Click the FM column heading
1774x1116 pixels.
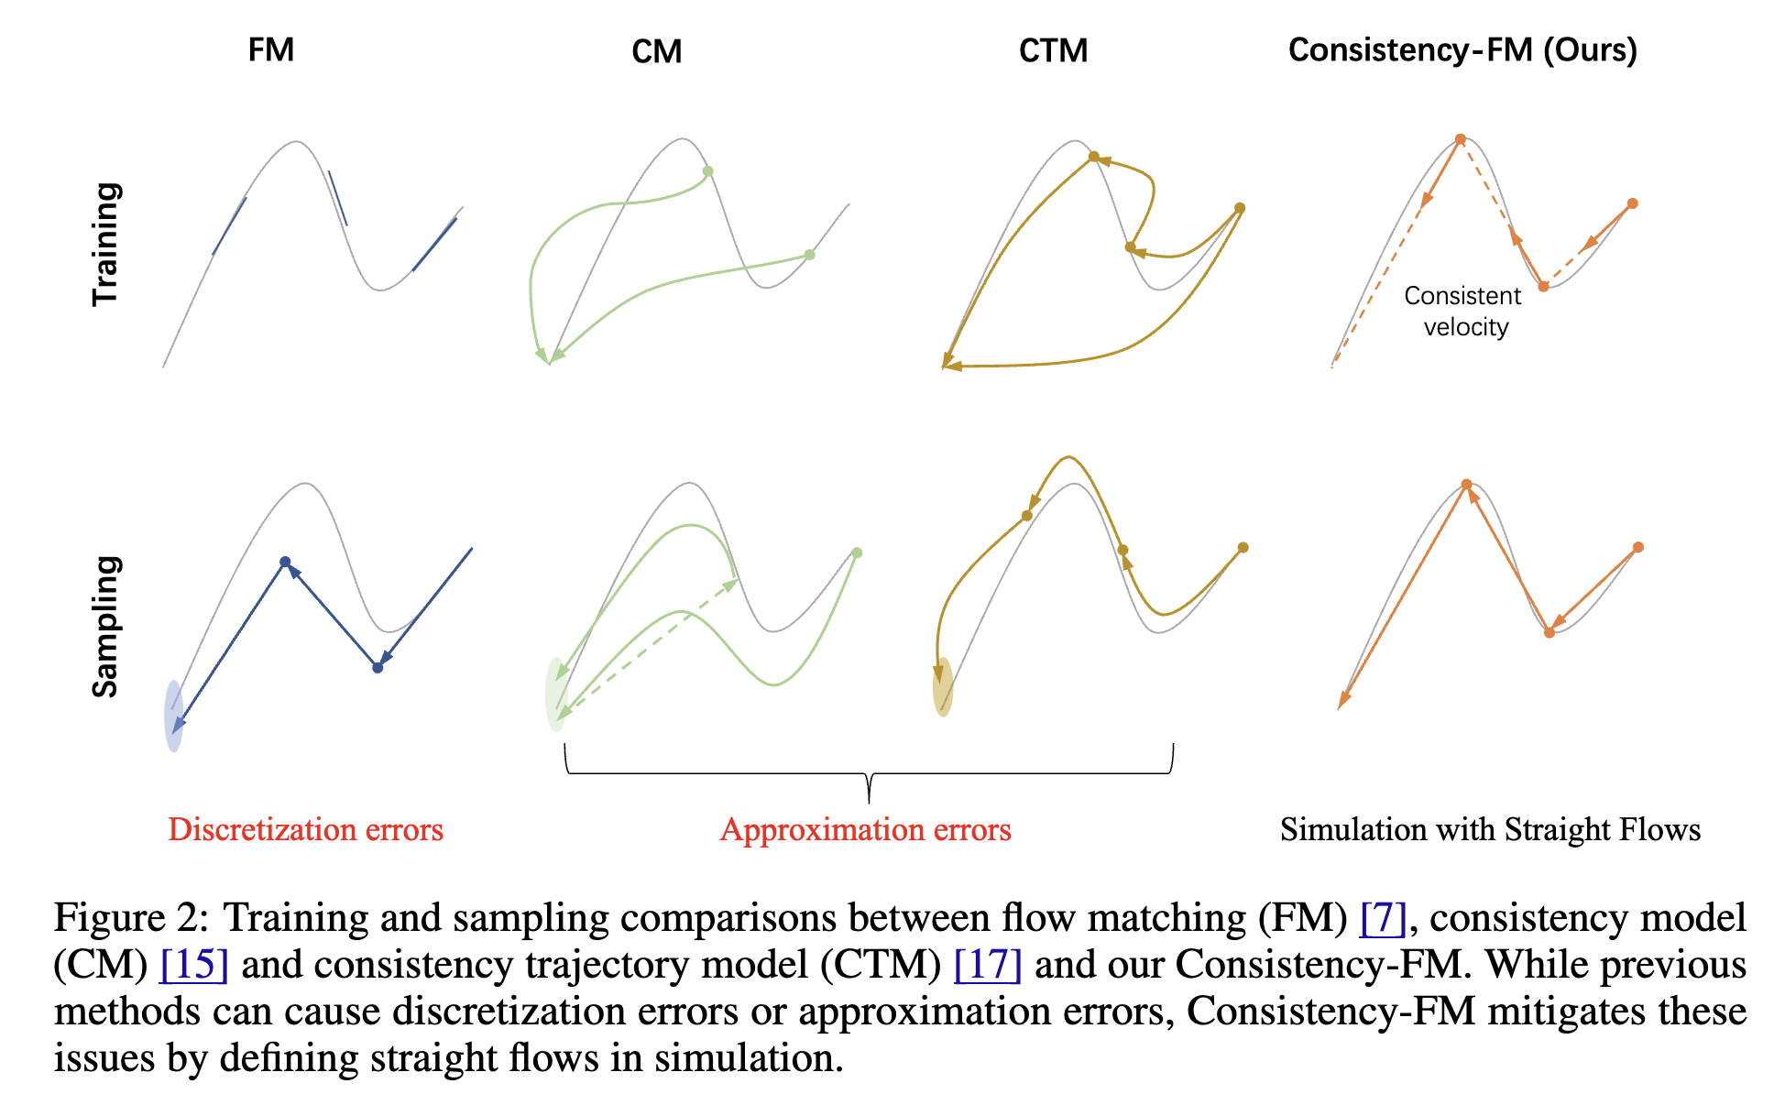pyautogui.click(x=270, y=49)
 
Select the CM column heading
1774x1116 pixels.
pyautogui.click(x=656, y=51)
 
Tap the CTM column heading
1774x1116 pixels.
pyautogui.click(x=1053, y=50)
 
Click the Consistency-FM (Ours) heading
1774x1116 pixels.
pyautogui.click(x=1462, y=49)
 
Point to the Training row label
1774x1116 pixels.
pyautogui.click(x=106, y=244)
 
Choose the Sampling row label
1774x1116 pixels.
pyautogui.click(x=106, y=627)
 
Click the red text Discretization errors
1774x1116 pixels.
pyautogui.click(x=305, y=829)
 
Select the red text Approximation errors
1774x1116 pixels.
pyautogui.click(x=865, y=829)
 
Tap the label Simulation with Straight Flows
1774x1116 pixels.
pyautogui.click(x=1490, y=829)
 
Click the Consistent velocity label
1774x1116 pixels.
pyautogui.click(x=1463, y=312)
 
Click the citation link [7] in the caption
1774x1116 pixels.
pyautogui.click(x=1383, y=917)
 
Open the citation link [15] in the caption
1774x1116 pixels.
pyautogui.click(x=193, y=964)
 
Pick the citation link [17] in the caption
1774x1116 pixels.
pyautogui.click(x=987, y=964)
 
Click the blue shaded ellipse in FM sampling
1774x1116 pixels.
pyautogui.click(x=173, y=717)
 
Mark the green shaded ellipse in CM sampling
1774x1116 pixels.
pyautogui.click(x=555, y=694)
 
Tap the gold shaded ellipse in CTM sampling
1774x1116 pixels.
pyautogui.click(x=943, y=686)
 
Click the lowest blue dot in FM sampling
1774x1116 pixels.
pyautogui.click(x=378, y=667)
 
